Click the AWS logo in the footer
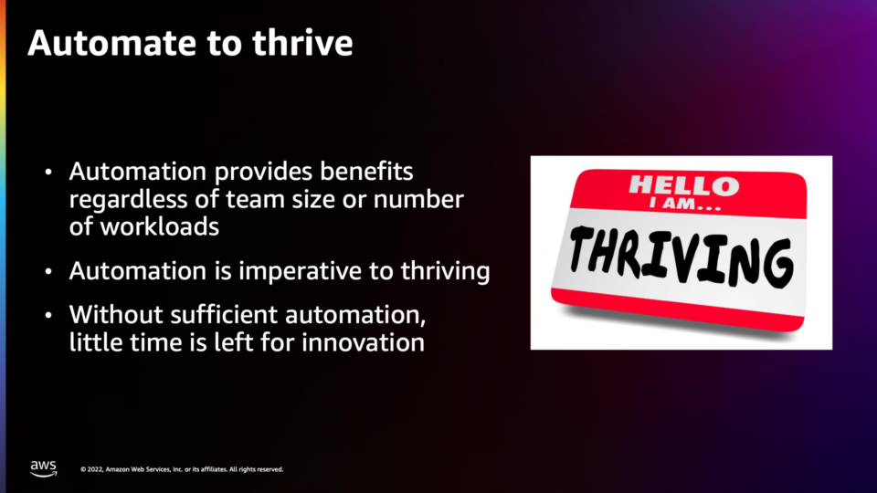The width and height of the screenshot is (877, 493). click(44, 468)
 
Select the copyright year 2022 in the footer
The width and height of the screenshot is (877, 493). click(94, 469)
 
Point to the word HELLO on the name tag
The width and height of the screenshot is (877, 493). click(684, 185)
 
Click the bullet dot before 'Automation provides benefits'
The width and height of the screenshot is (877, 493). click(48, 173)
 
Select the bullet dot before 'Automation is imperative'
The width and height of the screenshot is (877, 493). click(48, 272)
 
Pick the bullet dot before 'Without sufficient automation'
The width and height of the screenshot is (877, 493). click(48, 316)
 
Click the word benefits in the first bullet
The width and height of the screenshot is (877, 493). click(366, 171)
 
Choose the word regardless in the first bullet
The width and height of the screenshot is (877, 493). click(128, 200)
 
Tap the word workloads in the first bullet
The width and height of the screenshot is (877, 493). click(159, 227)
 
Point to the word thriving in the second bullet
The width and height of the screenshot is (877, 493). click(445, 271)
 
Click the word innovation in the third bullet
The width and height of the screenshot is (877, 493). click(363, 342)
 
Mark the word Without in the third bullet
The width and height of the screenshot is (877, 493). click(116, 315)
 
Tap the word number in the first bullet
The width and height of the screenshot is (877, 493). click(418, 200)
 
